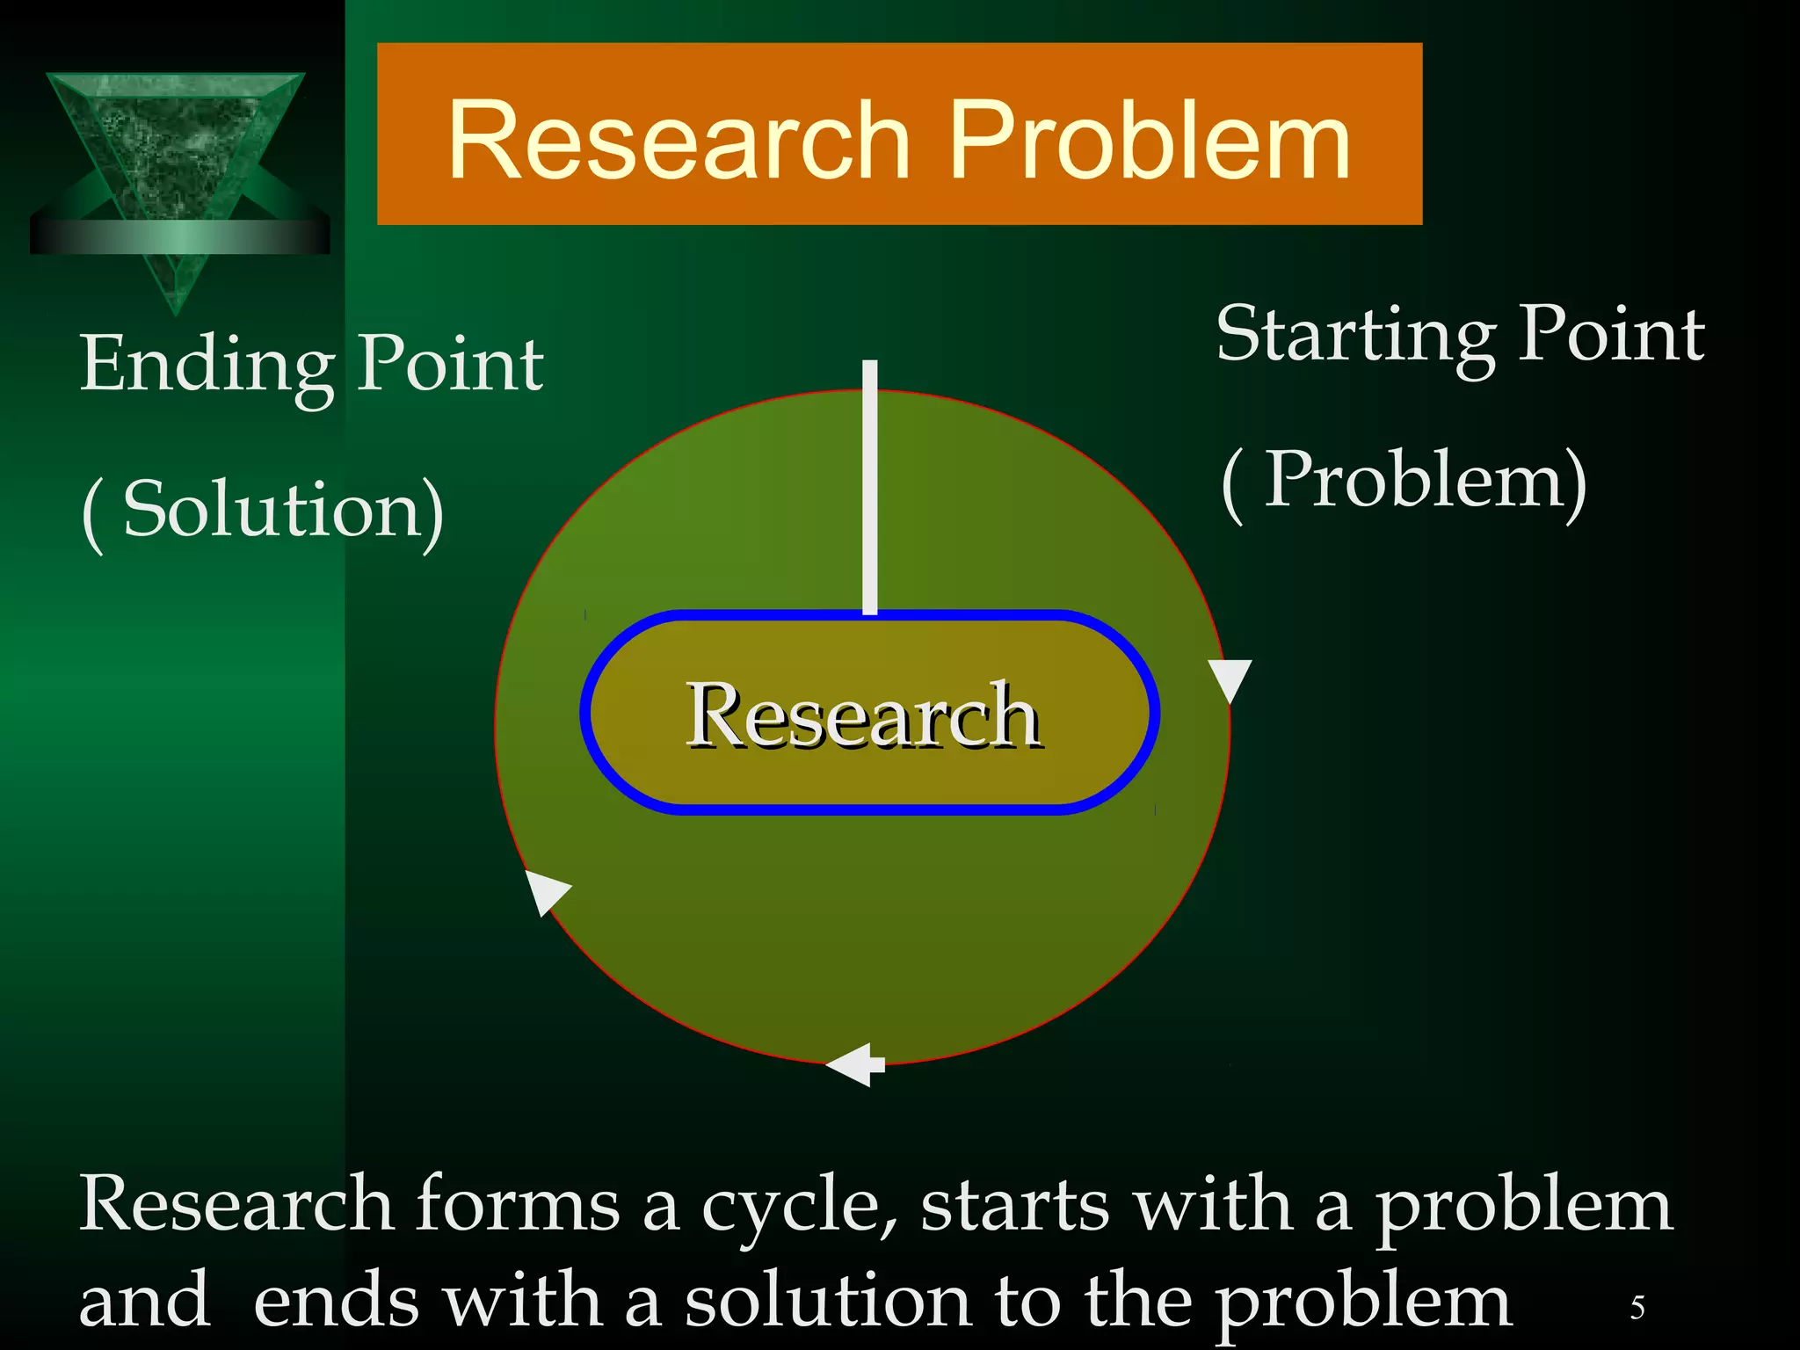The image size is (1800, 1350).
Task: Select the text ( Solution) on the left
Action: [x=263, y=511]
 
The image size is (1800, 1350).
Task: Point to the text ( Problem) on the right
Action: [x=1404, y=482]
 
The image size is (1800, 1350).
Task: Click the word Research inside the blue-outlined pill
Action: [x=863, y=716]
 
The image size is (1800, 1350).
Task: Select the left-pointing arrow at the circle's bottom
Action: [x=854, y=1065]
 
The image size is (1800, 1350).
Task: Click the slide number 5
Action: [x=1637, y=1308]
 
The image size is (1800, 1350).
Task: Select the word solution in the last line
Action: [x=827, y=1302]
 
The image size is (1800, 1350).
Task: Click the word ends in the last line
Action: [x=336, y=1302]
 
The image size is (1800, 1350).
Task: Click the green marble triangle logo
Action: [x=176, y=145]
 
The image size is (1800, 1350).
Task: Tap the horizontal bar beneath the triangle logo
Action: [x=179, y=236]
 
